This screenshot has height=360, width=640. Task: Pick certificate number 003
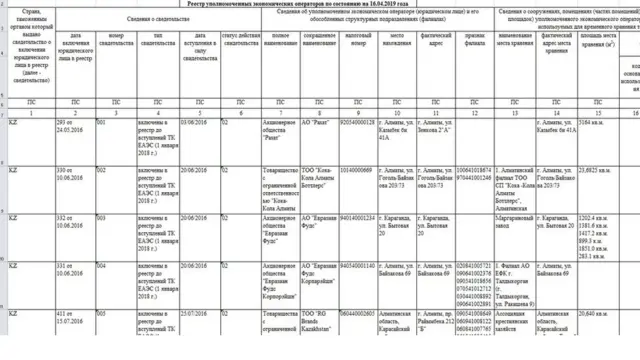[x=101, y=217]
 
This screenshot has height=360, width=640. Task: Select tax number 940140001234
[x=357, y=217]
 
